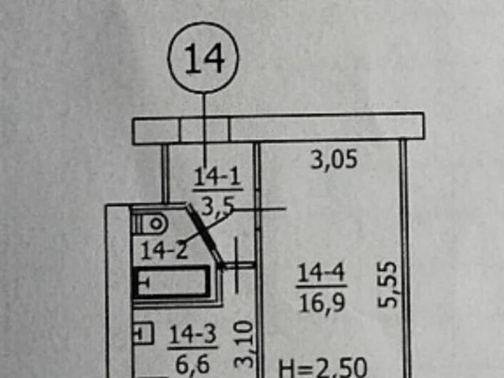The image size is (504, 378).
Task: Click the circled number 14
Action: click(203, 57)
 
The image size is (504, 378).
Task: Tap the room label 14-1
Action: click(217, 177)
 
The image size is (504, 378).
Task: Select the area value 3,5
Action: click(217, 206)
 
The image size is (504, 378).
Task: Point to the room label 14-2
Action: click(164, 250)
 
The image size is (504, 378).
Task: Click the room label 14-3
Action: click(192, 334)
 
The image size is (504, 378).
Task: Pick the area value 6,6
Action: click(192, 365)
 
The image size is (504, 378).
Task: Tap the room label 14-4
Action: click(321, 273)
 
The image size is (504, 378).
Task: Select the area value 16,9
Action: click(322, 302)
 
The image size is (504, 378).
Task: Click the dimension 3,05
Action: click(334, 159)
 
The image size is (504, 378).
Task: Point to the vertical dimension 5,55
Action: click(387, 285)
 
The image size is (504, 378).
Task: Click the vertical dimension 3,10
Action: click(244, 344)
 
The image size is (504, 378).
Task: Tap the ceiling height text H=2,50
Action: click(322, 368)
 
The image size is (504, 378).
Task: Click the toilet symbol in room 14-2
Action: click(150, 224)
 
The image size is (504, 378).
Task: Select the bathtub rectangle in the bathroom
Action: click(172, 282)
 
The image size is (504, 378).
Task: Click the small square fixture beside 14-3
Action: click(143, 333)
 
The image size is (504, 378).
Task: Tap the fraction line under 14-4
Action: click(321, 286)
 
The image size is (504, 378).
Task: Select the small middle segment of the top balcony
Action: click(205, 130)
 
